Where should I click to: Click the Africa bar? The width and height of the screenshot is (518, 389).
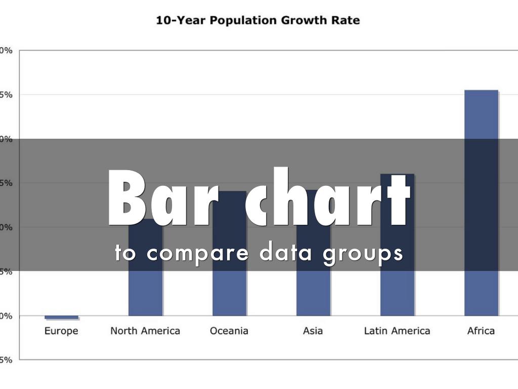point(481,203)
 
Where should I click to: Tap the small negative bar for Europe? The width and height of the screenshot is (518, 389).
point(62,317)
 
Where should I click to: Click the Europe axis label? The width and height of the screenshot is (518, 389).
point(61,331)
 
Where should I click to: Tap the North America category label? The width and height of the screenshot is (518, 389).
point(145,331)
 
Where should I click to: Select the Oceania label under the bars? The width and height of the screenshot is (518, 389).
point(229,331)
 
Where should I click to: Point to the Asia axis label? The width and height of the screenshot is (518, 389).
point(313,331)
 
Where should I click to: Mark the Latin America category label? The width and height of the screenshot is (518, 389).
point(397,331)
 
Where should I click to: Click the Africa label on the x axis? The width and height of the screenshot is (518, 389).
point(481,331)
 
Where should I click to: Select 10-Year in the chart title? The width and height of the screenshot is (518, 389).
point(181,21)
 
